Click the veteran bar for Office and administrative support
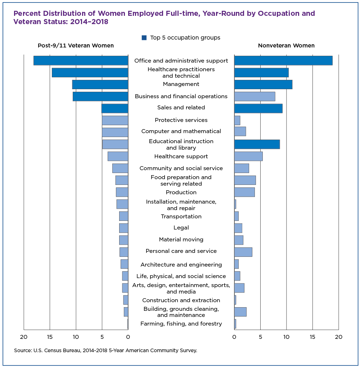tap(81, 60)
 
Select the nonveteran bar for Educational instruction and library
tap(257, 144)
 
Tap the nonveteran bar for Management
tap(263, 85)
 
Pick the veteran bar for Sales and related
tap(115, 108)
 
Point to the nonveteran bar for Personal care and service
tap(243, 252)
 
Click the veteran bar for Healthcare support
tap(118, 156)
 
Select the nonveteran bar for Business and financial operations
tap(255, 96)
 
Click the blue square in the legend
tap(144, 37)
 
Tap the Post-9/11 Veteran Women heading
tap(76, 46)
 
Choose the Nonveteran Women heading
tap(286, 46)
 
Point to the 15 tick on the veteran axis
tap(50, 337)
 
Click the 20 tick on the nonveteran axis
tap(339, 337)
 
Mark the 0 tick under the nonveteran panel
tap(234, 337)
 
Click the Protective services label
tap(181, 120)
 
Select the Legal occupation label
tap(181, 228)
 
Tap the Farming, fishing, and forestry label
tap(181, 324)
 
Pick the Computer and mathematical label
tap(181, 131)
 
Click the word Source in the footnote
tap(23, 350)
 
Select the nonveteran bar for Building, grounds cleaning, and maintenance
tap(240, 312)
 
